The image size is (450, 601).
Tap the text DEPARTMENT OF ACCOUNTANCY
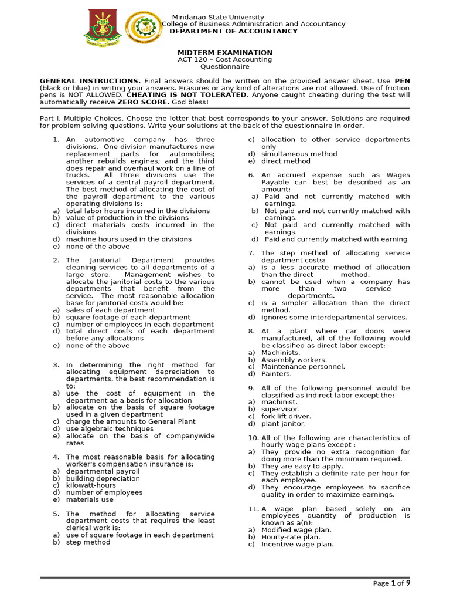(x=233, y=31)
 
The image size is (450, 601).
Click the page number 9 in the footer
(x=408, y=582)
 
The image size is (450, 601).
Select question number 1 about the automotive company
(x=56, y=140)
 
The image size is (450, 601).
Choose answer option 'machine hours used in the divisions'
(x=128, y=239)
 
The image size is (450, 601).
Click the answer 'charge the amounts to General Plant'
(x=131, y=421)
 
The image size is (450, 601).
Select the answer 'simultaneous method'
(x=299, y=154)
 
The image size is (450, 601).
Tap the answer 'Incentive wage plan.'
(x=297, y=544)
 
